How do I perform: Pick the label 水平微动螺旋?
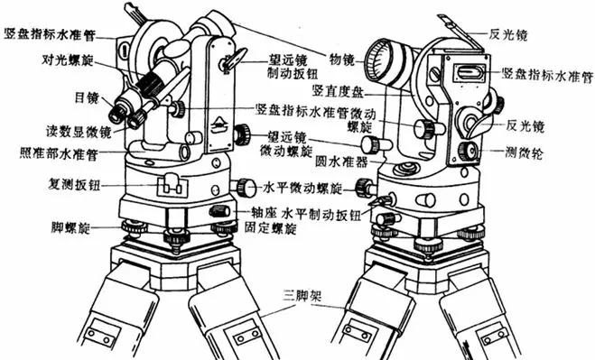302,189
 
